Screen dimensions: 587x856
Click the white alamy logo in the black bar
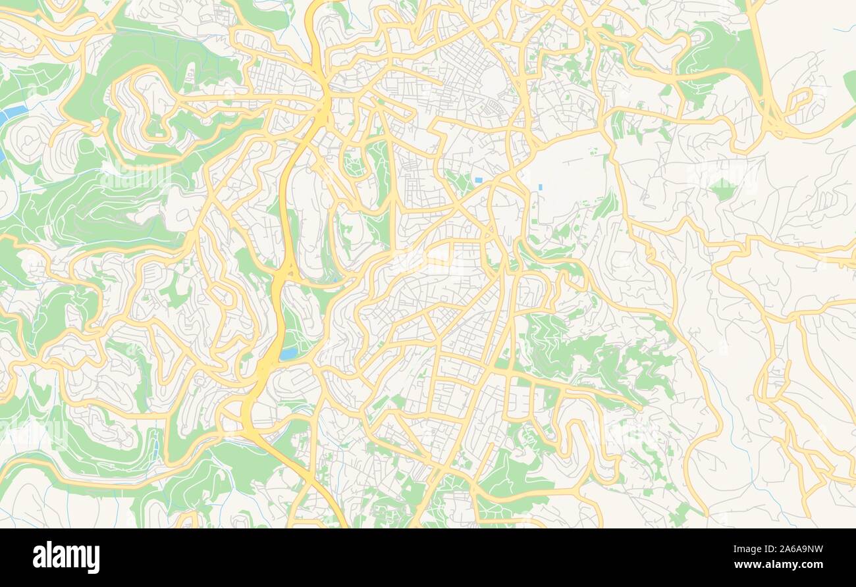pyautogui.click(x=66, y=557)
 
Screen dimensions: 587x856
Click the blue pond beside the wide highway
pyautogui.click(x=288, y=353)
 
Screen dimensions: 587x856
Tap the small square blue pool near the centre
pyautogui.click(x=478, y=180)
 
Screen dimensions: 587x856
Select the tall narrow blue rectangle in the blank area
pyautogui.click(x=540, y=188)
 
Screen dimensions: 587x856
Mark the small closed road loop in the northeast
pyautogui.click(x=799, y=100)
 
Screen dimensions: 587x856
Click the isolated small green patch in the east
pyautogui.click(x=723, y=190)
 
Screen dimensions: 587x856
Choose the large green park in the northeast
pyautogui.click(x=721, y=53)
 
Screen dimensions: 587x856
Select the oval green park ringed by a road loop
pyautogui.click(x=353, y=162)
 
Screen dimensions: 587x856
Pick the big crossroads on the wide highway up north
pyautogui.click(x=325, y=102)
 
